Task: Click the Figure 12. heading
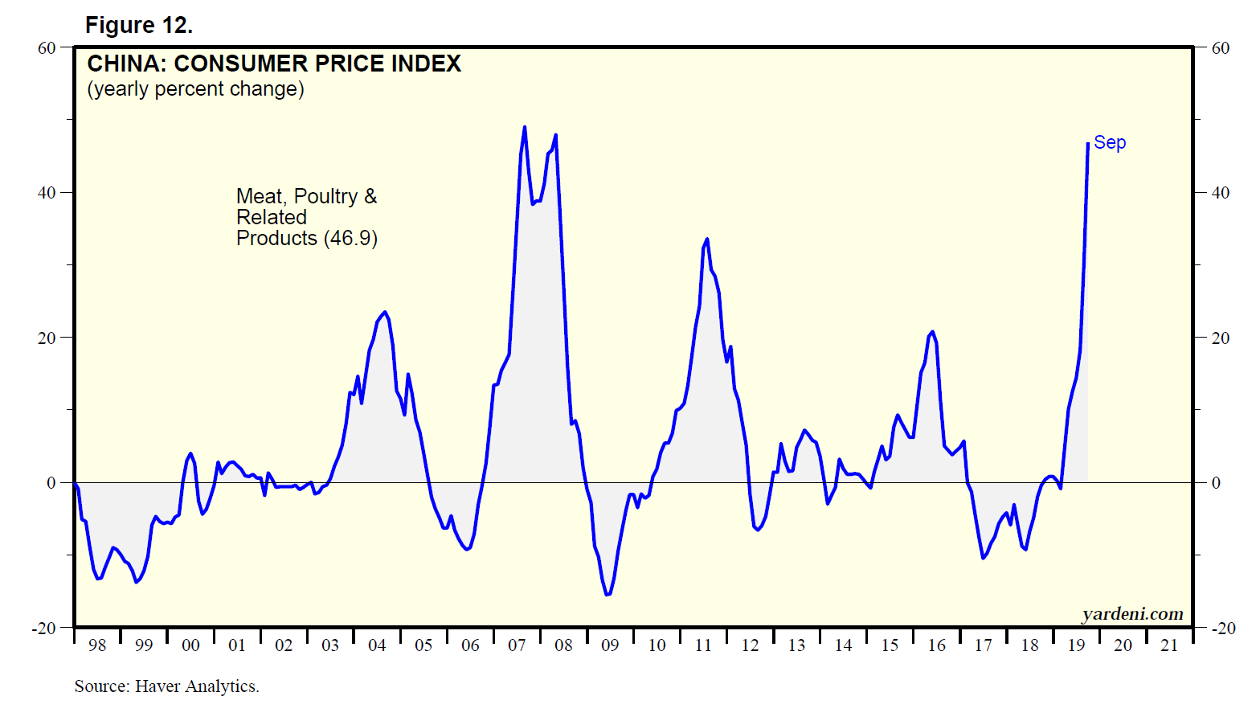tap(138, 26)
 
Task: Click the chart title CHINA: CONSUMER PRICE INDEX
tap(274, 63)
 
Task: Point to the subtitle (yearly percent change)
tap(195, 88)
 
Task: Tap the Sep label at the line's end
tap(1110, 142)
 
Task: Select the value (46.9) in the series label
tap(350, 239)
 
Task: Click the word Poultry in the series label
tap(325, 196)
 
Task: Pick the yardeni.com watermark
tap(1132, 614)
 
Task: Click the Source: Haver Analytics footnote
tap(166, 686)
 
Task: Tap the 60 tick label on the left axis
tap(47, 48)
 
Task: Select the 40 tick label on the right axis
tap(1221, 193)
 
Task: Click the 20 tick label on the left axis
tap(47, 338)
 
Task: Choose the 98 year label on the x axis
tap(97, 645)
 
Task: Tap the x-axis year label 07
tap(517, 645)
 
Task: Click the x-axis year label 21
tap(1169, 645)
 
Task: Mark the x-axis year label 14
tap(843, 645)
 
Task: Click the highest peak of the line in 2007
tap(525, 127)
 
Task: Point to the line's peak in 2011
tap(707, 239)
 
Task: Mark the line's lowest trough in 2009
tap(607, 595)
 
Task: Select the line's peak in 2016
tap(932, 331)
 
